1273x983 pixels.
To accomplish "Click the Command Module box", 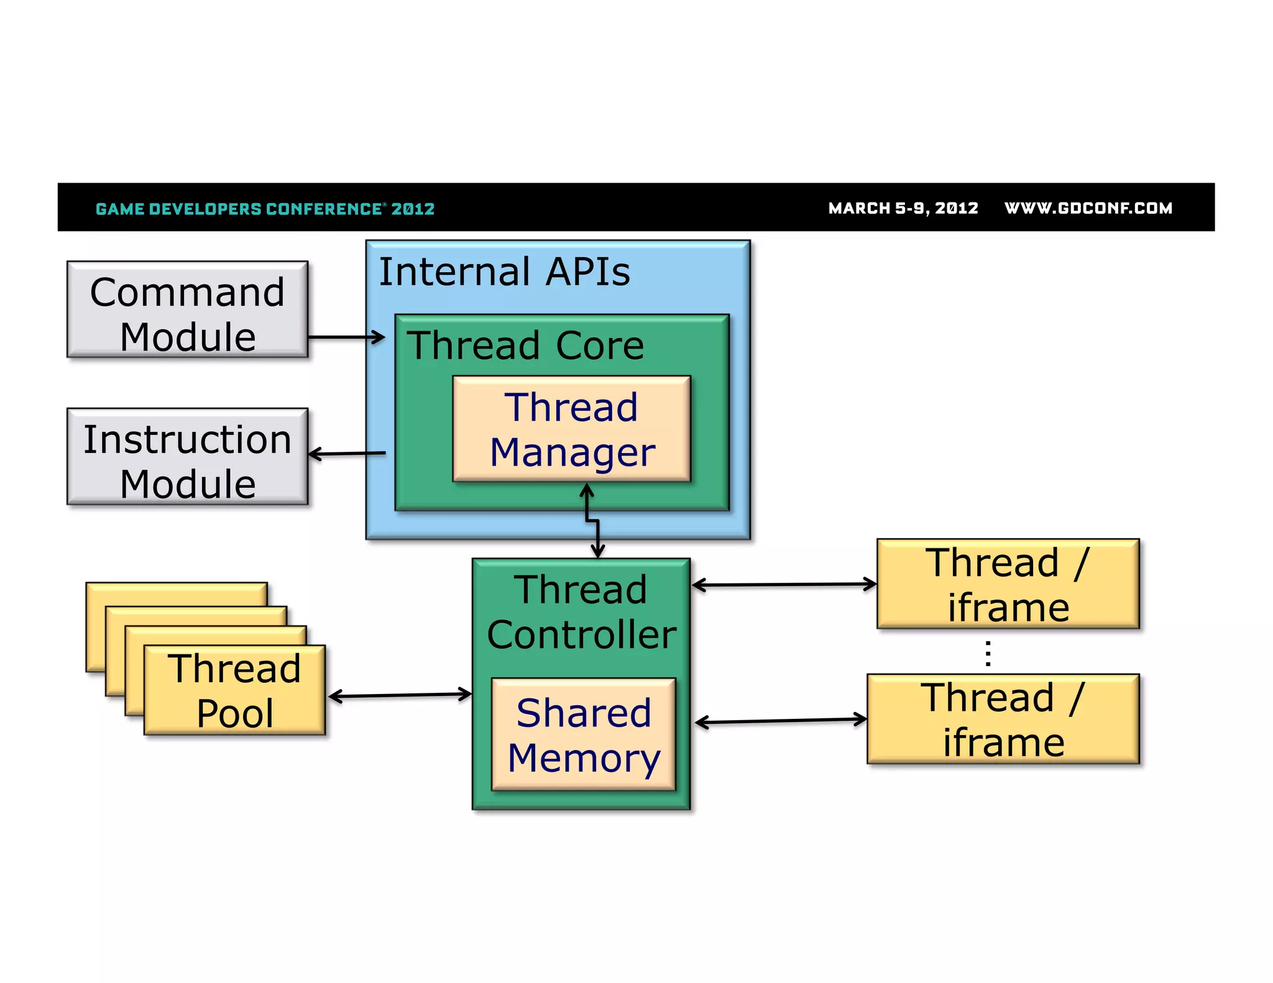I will click(187, 309).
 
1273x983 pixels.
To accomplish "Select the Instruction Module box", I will click(187, 457).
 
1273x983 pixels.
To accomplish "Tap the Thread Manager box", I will click(571, 429).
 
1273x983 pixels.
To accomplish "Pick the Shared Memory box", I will click(583, 734).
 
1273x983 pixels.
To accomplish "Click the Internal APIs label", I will click(504, 272).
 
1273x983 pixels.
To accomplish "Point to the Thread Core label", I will click(525, 345).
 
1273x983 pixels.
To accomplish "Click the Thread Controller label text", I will click(581, 612).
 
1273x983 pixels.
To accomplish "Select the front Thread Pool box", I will click(234, 690).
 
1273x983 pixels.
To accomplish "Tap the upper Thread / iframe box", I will click(1008, 584).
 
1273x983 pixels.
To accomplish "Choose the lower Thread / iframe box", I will click(1003, 719).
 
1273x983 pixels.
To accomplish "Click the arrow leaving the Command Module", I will click(346, 337).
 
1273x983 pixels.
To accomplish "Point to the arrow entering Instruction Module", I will click(347, 454).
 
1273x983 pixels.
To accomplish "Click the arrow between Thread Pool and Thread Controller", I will click(399, 695).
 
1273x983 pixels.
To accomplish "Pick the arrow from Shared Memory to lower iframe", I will click(780, 721).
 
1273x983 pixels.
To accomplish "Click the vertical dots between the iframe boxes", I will click(988, 653).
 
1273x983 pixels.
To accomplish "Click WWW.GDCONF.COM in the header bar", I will click(1088, 208).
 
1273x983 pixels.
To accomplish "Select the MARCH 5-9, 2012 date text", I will click(903, 208).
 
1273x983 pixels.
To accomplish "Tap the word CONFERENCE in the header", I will click(323, 209).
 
